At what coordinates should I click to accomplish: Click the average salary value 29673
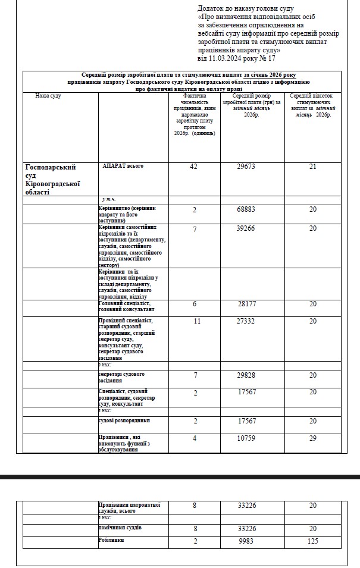[x=246, y=167]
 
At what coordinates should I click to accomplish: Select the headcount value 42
[x=193, y=167]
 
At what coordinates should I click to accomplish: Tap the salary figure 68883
[x=246, y=211]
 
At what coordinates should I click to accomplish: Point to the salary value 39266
[x=246, y=228]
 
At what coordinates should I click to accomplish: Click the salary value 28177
[x=246, y=304]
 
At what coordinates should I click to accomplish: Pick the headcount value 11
[x=193, y=321]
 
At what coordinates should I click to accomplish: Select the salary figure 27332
[x=246, y=321]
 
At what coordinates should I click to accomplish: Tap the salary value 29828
[x=246, y=375]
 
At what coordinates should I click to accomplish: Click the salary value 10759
[x=246, y=438]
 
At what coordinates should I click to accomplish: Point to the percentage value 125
[x=313, y=541]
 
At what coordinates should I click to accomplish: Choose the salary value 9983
[x=246, y=541]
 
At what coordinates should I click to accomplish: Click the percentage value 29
[x=313, y=438]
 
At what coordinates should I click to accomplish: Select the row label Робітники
[x=111, y=540]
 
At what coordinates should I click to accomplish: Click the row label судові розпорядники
[x=124, y=420]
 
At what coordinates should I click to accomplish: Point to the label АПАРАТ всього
[x=123, y=166]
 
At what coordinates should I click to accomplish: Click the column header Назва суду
[x=48, y=95]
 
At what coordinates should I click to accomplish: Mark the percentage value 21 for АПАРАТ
[x=313, y=167]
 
